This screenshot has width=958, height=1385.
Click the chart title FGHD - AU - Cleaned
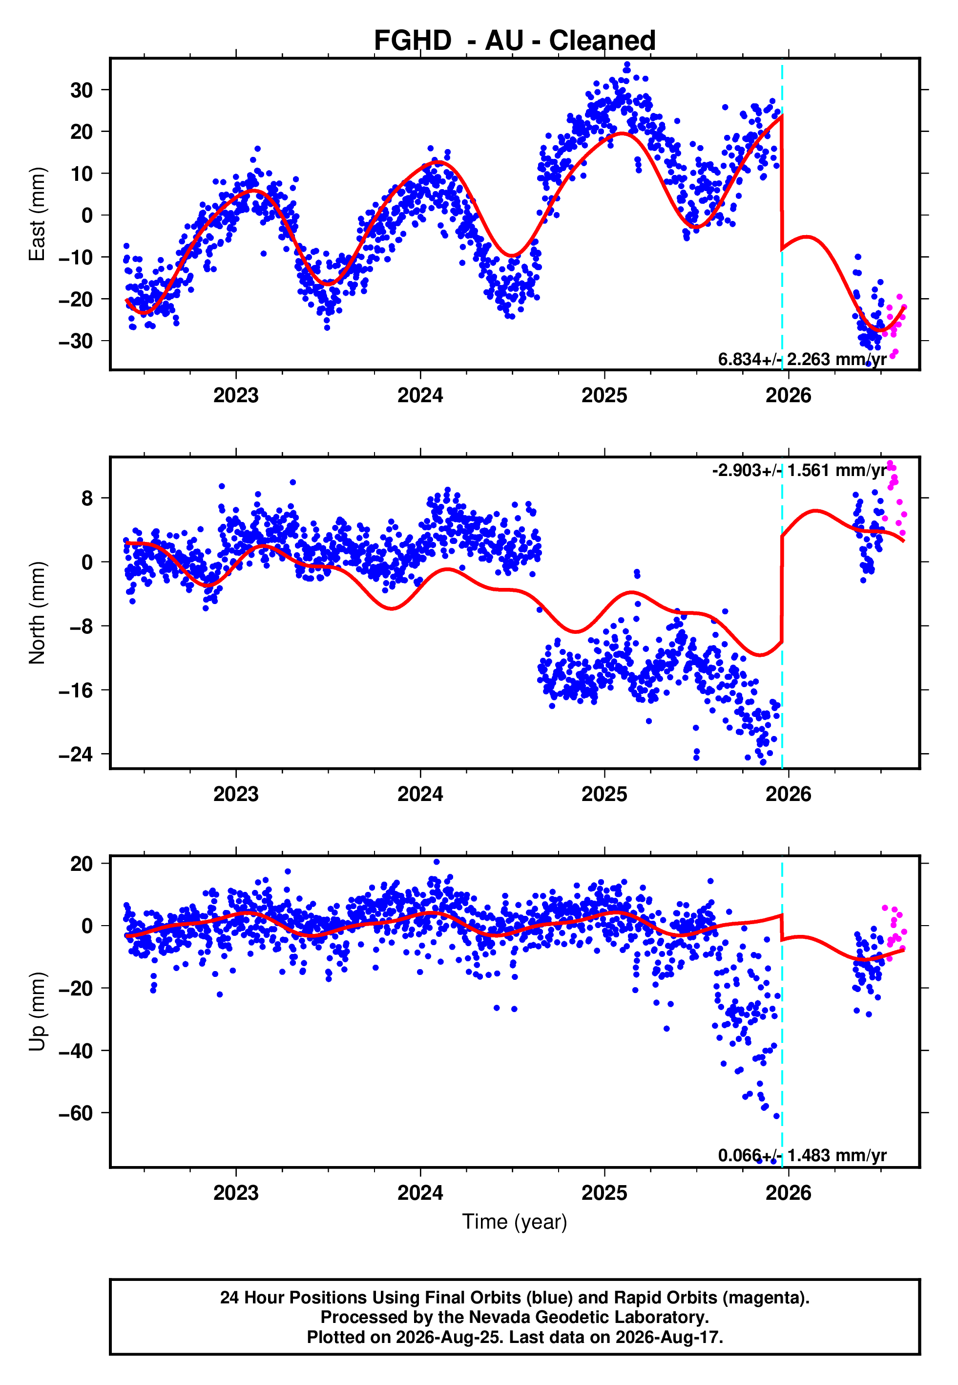click(x=515, y=41)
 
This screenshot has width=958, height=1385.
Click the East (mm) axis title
click(x=37, y=214)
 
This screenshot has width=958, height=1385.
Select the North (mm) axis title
click(x=37, y=613)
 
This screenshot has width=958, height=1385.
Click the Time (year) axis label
click(x=515, y=1222)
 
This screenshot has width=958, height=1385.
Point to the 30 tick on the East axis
click(x=82, y=90)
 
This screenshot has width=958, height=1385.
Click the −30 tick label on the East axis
click(x=76, y=341)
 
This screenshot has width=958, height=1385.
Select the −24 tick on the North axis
click(x=76, y=755)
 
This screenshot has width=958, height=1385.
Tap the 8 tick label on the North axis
click(x=87, y=498)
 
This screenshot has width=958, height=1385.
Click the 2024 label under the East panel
click(x=420, y=395)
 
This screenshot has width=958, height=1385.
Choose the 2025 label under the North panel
click(x=604, y=794)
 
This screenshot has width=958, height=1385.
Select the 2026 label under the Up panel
click(x=788, y=1193)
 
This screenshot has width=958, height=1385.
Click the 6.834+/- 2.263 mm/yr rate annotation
click(x=802, y=359)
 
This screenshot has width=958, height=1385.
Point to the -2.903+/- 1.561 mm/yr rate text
click(x=799, y=470)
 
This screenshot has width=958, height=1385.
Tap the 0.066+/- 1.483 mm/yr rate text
click(x=802, y=1155)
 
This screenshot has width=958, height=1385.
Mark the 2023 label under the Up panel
click(x=236, y=1193)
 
